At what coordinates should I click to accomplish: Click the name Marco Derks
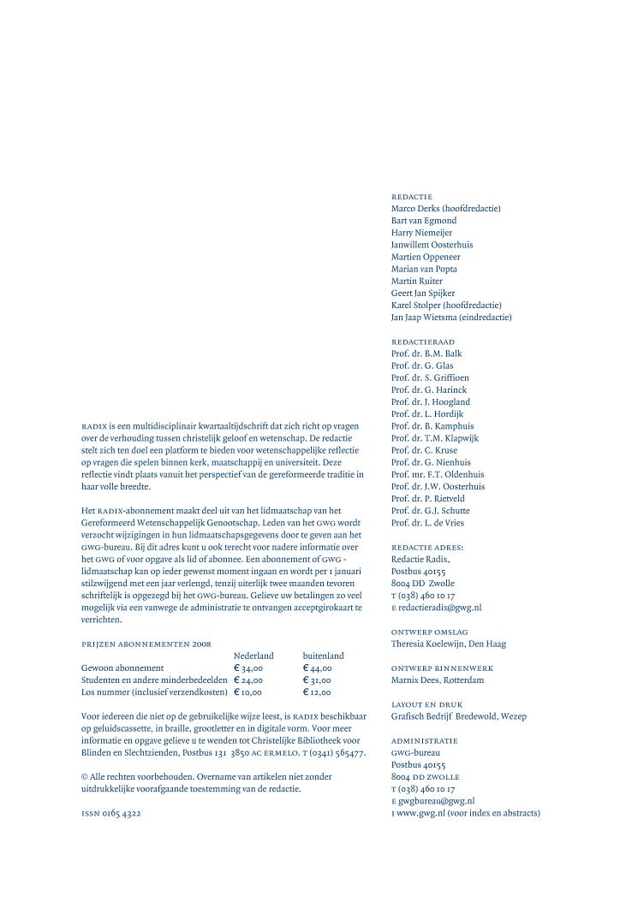pos(416,208)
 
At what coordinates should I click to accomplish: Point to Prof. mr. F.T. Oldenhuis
pos(438,474)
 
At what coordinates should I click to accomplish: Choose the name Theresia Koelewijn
pos(426,644)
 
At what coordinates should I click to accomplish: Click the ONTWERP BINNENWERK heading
pos(442,668)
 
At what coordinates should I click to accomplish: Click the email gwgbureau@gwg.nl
pos(436,800)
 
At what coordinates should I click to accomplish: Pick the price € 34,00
pos(248,668)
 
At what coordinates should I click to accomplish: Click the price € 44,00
pos(317,668)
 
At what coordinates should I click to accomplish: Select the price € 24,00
pos(248,680)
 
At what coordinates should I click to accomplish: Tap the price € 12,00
pos(317,691)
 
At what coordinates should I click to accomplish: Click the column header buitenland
pos(323,655)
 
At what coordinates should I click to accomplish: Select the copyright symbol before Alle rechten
pos(85,776)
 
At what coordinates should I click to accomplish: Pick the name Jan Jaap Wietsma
pos(422,317)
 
